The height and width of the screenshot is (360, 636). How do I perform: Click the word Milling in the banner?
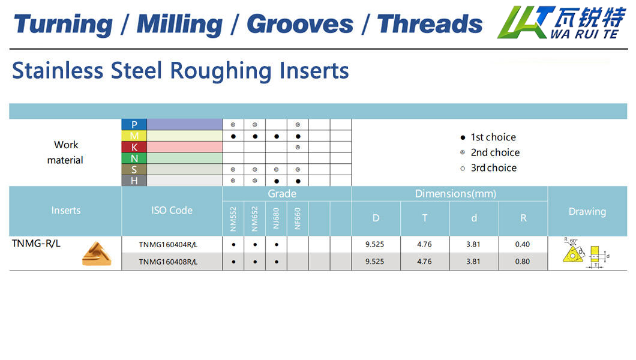(x=179, y=25)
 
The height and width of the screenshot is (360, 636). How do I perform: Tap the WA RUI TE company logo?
(x=562, y=23)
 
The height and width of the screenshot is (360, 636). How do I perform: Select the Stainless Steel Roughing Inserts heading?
(x=181, y=71)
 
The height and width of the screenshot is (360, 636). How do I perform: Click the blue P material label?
(x=134, y=124)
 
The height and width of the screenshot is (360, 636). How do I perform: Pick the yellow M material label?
(x=134, y=136)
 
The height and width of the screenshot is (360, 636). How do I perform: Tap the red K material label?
(x=134, y=147)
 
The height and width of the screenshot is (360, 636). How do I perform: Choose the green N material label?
(x=134, y=158)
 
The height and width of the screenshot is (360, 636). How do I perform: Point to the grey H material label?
(x=134, y=181)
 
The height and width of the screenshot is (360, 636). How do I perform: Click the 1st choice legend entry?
(x=488, y=137)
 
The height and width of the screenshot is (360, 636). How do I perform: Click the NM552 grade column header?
(x=233, y=219)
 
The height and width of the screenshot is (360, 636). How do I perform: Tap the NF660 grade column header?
(x=298, y=219)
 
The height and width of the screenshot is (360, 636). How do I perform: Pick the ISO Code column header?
(x=172, y=211)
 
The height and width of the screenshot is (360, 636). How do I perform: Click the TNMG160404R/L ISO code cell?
(x=168, y=244)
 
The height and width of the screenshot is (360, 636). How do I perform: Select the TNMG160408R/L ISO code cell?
(x=168, y=262)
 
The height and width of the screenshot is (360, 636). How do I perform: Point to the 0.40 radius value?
(x=523, y=244)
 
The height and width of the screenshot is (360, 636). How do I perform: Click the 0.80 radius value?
(x=523, y=262)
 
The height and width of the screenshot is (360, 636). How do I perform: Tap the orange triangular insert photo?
(x=97, y=254)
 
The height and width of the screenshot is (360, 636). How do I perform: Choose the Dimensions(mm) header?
(x=455, y=194)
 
